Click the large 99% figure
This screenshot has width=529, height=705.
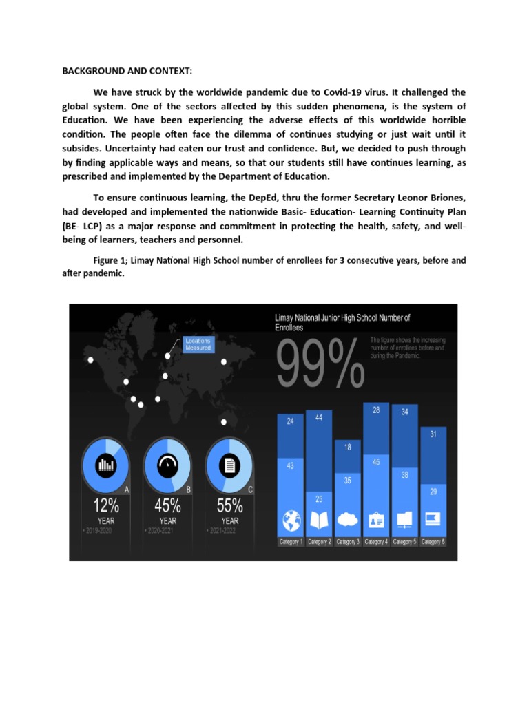click(x=321, y=364)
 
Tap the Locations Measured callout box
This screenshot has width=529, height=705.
click(x=198, y=344)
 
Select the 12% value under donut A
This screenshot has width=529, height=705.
click(x=106, y=506)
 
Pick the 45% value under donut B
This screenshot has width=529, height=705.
click(x=167, y=506)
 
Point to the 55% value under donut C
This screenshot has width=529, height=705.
click(x=229, y=506)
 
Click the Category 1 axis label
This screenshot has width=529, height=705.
click(x=291, y=542)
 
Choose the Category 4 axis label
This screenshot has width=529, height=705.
click(x=376, y=542)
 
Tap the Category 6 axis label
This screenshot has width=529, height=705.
click(x=433, y=542)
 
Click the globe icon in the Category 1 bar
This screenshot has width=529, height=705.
click(x=291, y=519)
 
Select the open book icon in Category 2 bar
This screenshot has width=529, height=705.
click(x=319, y=519)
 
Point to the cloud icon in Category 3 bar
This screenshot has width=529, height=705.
click(x=347, y=520)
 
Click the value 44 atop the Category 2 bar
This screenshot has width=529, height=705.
click(x=319, y=417)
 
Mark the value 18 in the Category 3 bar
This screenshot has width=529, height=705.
click(x=347, y=447)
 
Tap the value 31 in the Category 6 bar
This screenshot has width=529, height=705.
click(x=433, y=434)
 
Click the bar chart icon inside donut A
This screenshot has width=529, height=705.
click(x=105, y=465)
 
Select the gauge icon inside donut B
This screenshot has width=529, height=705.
click(x=167, y=465)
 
